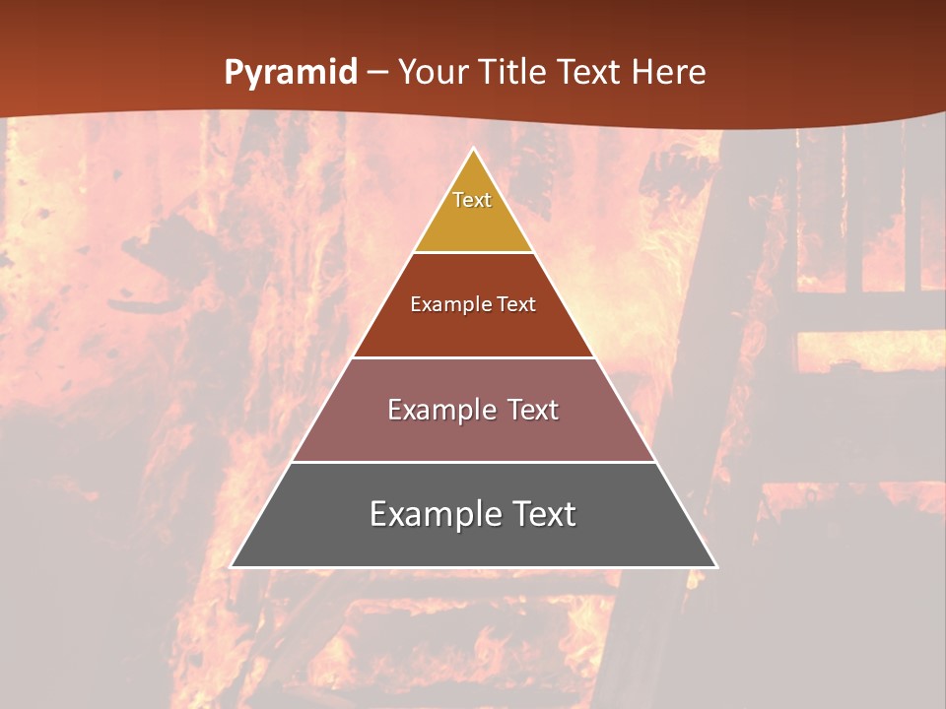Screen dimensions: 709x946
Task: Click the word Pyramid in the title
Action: pyautogui.click(x=290, y=73)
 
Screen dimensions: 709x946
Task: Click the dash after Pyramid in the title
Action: pyautogui.click(x=377, y=73)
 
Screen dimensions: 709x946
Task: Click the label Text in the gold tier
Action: pyautogui.click(x=472, y=200)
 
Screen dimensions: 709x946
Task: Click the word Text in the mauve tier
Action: pyautogui.click(x=528, y=410)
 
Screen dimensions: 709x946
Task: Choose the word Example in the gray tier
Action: pyautogui.click(x=430, y=514)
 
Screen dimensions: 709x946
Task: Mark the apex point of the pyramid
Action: pyautogui.click(x=474, y=149)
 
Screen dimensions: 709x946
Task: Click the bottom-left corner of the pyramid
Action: pyautogui.click(x=232, y=567)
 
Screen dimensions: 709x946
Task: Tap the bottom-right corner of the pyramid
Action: pyautogui.click(x=716, y=567)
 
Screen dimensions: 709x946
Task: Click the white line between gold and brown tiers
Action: pyautogui.click(x=473, y=252)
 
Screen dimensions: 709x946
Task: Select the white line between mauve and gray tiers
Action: pyautogui.click(x=473, y=462)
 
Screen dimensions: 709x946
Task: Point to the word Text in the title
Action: pyautogui.click(x=591, y=73)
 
